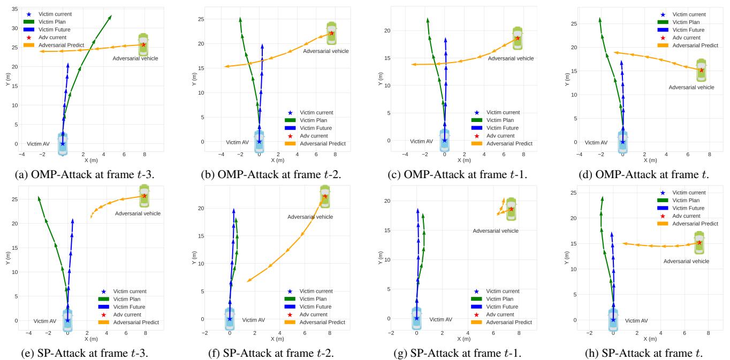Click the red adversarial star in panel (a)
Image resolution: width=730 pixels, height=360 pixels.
pos(143,44)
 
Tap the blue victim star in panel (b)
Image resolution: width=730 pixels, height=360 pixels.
pos(259,142)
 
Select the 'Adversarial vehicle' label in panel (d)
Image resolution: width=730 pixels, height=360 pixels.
pos(691,87)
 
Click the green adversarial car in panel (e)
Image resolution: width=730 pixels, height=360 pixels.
pos(144,196)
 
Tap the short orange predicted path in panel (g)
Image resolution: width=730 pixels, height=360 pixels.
pos(501,207)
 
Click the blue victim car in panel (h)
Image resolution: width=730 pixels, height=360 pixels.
pos(613,319)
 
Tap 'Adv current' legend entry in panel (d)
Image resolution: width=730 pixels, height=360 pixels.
pos(689,38)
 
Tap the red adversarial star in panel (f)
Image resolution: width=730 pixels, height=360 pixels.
pos(325,196)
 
